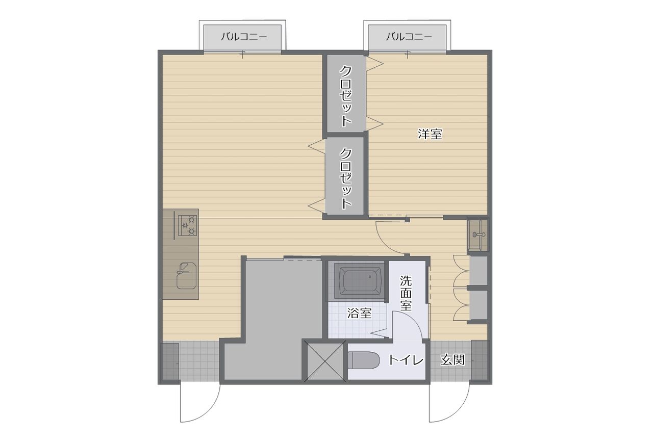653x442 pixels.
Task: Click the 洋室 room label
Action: click(430, 134)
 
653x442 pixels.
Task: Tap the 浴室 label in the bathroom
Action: click(360, 313)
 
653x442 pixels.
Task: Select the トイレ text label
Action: click(406, 360)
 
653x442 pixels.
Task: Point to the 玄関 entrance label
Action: click(453, 360)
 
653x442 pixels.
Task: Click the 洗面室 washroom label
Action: click(406, 293)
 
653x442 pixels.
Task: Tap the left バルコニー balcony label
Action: click(244, 37)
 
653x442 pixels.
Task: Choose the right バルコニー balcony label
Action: click(409, 37)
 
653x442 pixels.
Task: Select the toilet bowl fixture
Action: click(364, 360)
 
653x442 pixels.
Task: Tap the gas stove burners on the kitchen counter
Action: click(187, 225)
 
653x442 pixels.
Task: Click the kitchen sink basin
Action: click(186, 276)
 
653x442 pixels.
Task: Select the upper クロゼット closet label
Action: click(346, 96)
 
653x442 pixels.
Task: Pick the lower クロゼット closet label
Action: click(346, 178)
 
